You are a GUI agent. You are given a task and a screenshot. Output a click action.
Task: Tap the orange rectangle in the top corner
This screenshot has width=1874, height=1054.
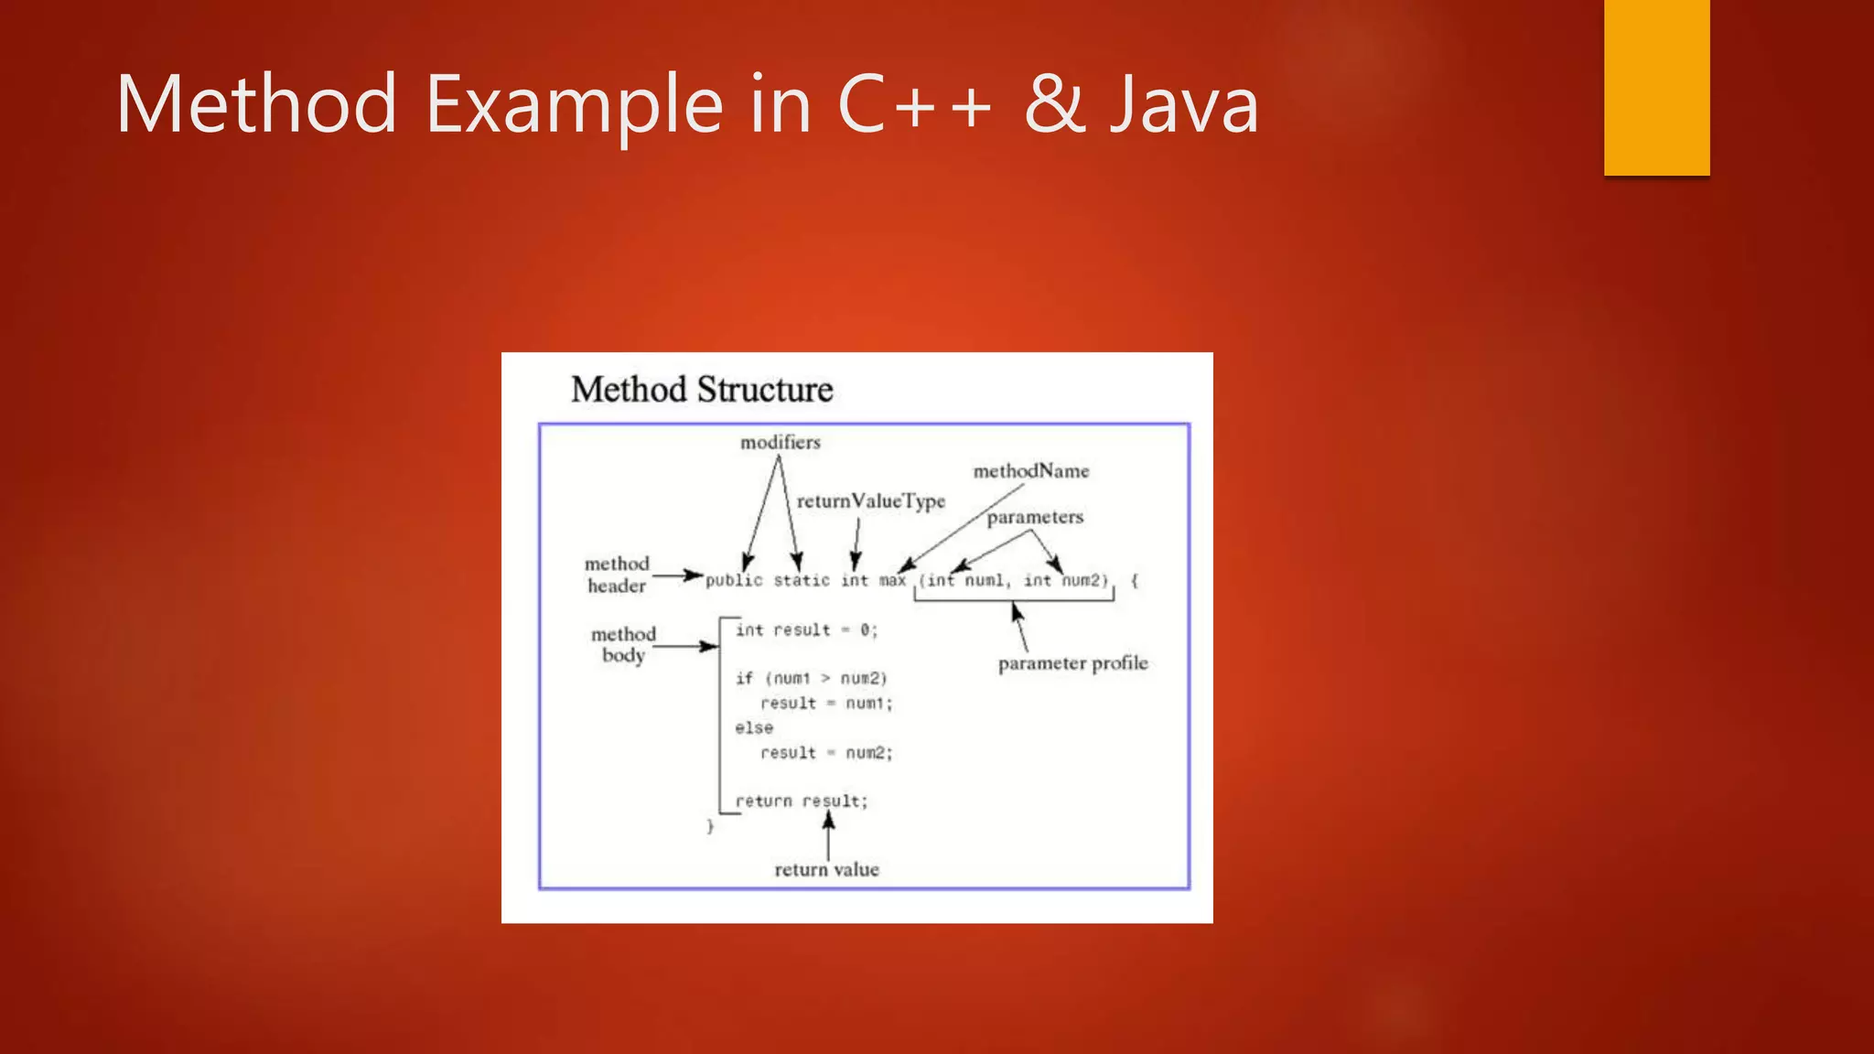[x=1656, y=87]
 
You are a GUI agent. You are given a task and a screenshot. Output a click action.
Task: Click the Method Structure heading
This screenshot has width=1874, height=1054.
[x=702, y=390]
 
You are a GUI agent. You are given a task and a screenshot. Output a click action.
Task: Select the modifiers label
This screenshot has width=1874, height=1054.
[x=780, y=443]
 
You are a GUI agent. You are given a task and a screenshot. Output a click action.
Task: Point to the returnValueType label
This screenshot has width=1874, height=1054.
[x=870, y=501]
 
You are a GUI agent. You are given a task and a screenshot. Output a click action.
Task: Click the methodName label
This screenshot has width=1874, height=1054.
[x=1030, y=471]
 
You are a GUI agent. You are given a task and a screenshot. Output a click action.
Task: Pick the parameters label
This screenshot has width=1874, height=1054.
[x=1035, y=518]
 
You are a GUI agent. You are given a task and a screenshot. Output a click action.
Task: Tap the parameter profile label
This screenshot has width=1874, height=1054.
[x=1072, y=663]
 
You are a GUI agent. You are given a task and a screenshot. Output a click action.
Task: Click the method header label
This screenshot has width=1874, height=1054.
[x=617, y=575]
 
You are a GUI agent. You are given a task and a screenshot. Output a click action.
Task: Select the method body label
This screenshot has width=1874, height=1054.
[x=623, y=644]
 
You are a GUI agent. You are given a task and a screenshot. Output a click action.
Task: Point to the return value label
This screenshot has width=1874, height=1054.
[x=826, y=870]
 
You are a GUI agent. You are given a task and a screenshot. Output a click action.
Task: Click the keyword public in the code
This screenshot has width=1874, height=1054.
[x=733, y=580]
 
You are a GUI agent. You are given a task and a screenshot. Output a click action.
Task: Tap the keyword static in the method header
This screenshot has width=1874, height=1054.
[x=802, y=580]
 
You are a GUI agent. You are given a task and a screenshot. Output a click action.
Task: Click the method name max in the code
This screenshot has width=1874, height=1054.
[x=892, y=580]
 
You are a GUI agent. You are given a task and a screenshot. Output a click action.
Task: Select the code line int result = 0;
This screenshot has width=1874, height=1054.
[x=806, y=630]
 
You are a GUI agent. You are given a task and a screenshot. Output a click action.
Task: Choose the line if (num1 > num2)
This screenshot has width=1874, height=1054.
[x=811, y=678]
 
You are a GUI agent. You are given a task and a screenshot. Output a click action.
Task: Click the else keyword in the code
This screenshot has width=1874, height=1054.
[x=754, y=728]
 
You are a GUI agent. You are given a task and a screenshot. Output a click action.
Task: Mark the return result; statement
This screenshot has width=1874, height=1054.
[x=802, y=801]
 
